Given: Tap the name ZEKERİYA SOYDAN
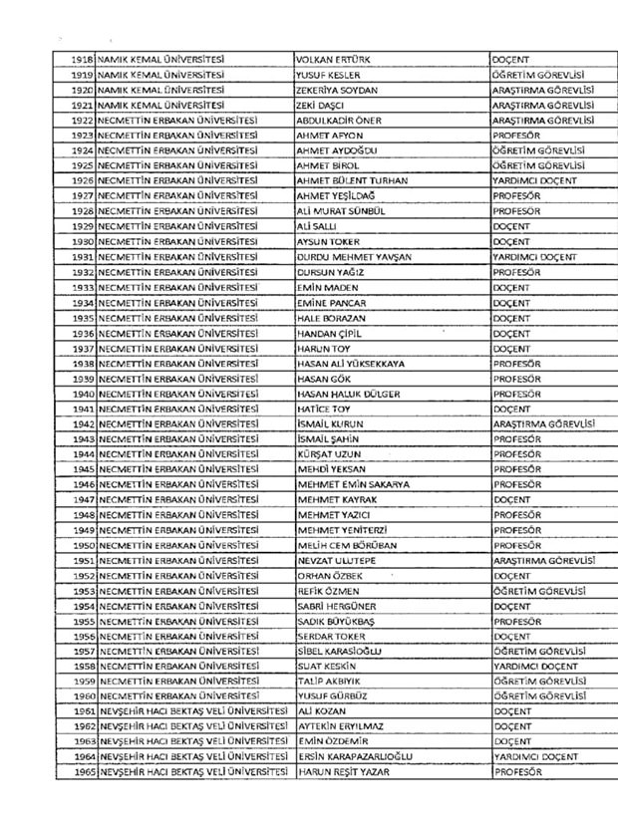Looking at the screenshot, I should pyautogui.click(x=339, y=90).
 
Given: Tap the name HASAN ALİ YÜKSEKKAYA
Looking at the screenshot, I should pyautogui.click(x=351, y=365).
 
